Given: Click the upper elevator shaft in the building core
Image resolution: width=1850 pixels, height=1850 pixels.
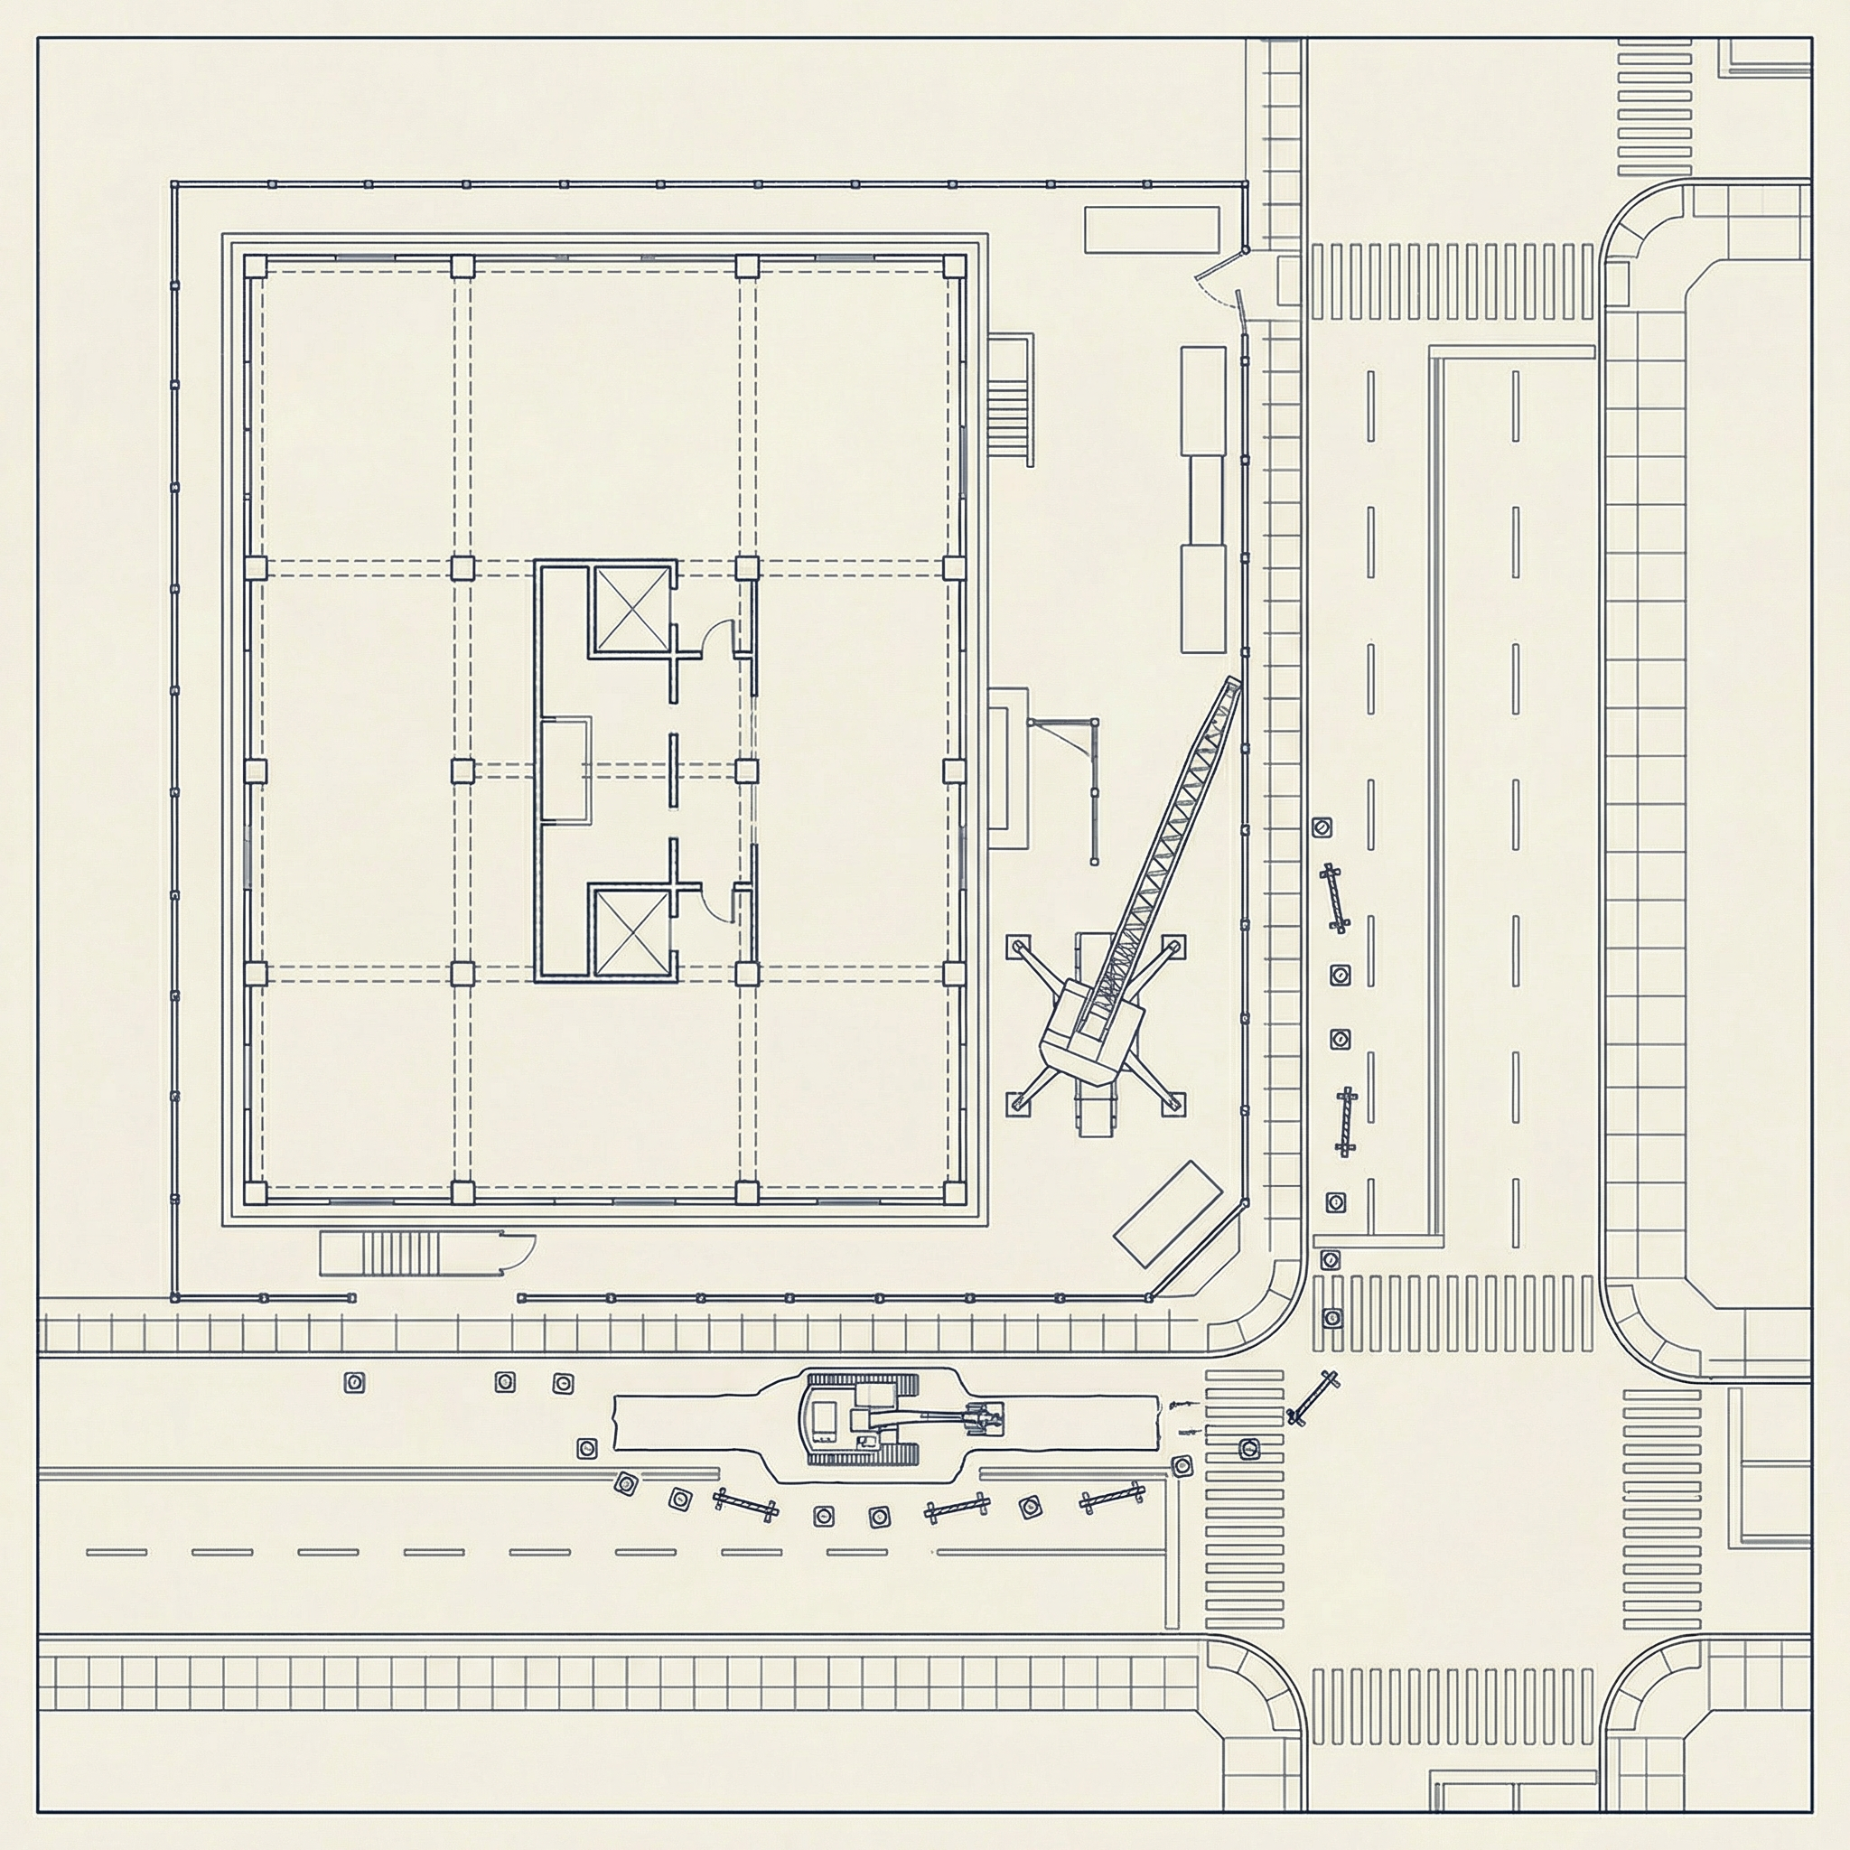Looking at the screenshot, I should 632,609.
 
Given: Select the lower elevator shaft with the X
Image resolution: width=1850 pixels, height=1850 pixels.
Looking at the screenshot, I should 632,930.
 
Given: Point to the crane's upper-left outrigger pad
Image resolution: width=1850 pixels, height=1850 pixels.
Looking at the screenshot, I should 1015,946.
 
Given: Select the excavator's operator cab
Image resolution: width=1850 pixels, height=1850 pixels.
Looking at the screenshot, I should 824,1417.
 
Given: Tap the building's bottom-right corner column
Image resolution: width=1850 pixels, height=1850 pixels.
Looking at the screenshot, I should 953,1191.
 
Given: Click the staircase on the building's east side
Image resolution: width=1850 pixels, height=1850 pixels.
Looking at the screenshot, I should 1010,400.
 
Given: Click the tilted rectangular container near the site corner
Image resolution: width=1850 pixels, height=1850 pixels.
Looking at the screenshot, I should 1168,1215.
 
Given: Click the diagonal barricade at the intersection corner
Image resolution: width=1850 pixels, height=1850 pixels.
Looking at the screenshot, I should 1313,1397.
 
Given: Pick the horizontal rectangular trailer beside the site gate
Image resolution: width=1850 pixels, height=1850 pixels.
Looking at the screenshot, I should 1151,229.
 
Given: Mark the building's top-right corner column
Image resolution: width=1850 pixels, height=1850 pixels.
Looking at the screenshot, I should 953,266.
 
